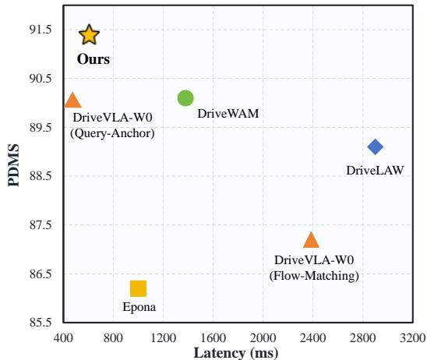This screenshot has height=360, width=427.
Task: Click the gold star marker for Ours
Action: (89, 34)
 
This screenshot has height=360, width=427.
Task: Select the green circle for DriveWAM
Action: (185, 98)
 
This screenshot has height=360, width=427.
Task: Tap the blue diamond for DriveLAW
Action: (376, 146)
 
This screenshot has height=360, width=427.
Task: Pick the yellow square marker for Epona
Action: (139, 288)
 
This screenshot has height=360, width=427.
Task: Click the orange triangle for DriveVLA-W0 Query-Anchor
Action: (72, 101)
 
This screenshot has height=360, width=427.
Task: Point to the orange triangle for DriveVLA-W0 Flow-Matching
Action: (311, 241)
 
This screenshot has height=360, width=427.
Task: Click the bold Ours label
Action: (94, 59)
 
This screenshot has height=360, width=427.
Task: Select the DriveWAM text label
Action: (228, 114)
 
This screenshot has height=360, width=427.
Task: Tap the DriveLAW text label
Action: (375, 171)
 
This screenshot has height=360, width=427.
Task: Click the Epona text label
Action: (139, 308)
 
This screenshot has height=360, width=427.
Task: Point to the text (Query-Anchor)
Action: (112, 133)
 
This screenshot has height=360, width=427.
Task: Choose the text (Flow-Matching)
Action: (314, 276)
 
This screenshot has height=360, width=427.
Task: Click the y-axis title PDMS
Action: (14, 165)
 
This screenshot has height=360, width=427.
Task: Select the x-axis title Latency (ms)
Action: (236, 353)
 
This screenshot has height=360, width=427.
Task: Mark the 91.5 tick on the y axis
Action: (41, 30)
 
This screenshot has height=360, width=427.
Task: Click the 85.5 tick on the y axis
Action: (41, 323)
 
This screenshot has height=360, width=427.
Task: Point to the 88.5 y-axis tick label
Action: (41, 176)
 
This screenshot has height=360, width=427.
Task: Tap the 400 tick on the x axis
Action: (63, 338)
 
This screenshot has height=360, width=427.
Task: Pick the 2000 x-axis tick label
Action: (263, 338)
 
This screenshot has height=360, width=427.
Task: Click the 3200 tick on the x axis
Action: (413, 338)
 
